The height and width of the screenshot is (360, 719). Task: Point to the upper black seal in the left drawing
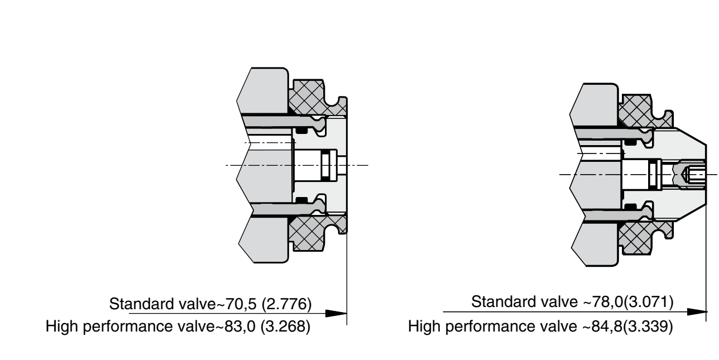[302, 130]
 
